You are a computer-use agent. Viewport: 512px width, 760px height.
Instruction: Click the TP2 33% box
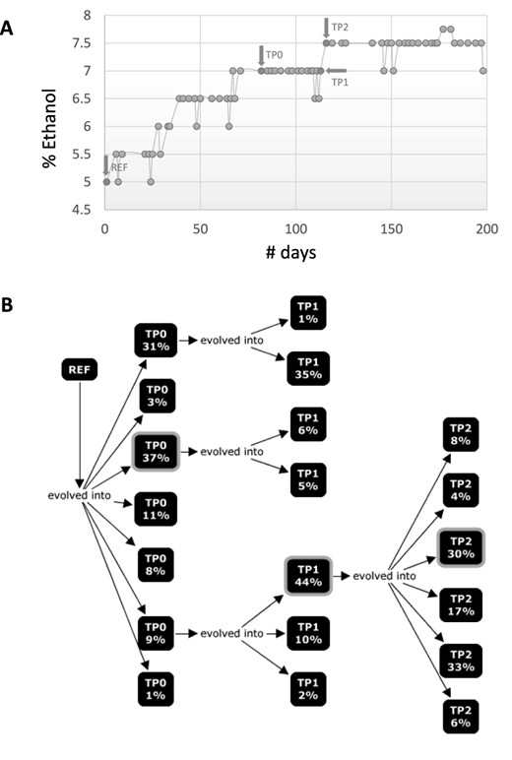coord(461,660)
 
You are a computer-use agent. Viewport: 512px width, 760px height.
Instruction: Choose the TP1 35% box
coord(307,370)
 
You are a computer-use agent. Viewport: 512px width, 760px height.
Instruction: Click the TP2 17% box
coord(461,602)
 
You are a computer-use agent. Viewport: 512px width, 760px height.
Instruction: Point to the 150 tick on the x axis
coord(391,225)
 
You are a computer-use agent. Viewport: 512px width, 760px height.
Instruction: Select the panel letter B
coord(9,304)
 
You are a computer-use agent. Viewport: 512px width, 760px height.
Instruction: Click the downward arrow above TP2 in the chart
coord(326,27)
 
